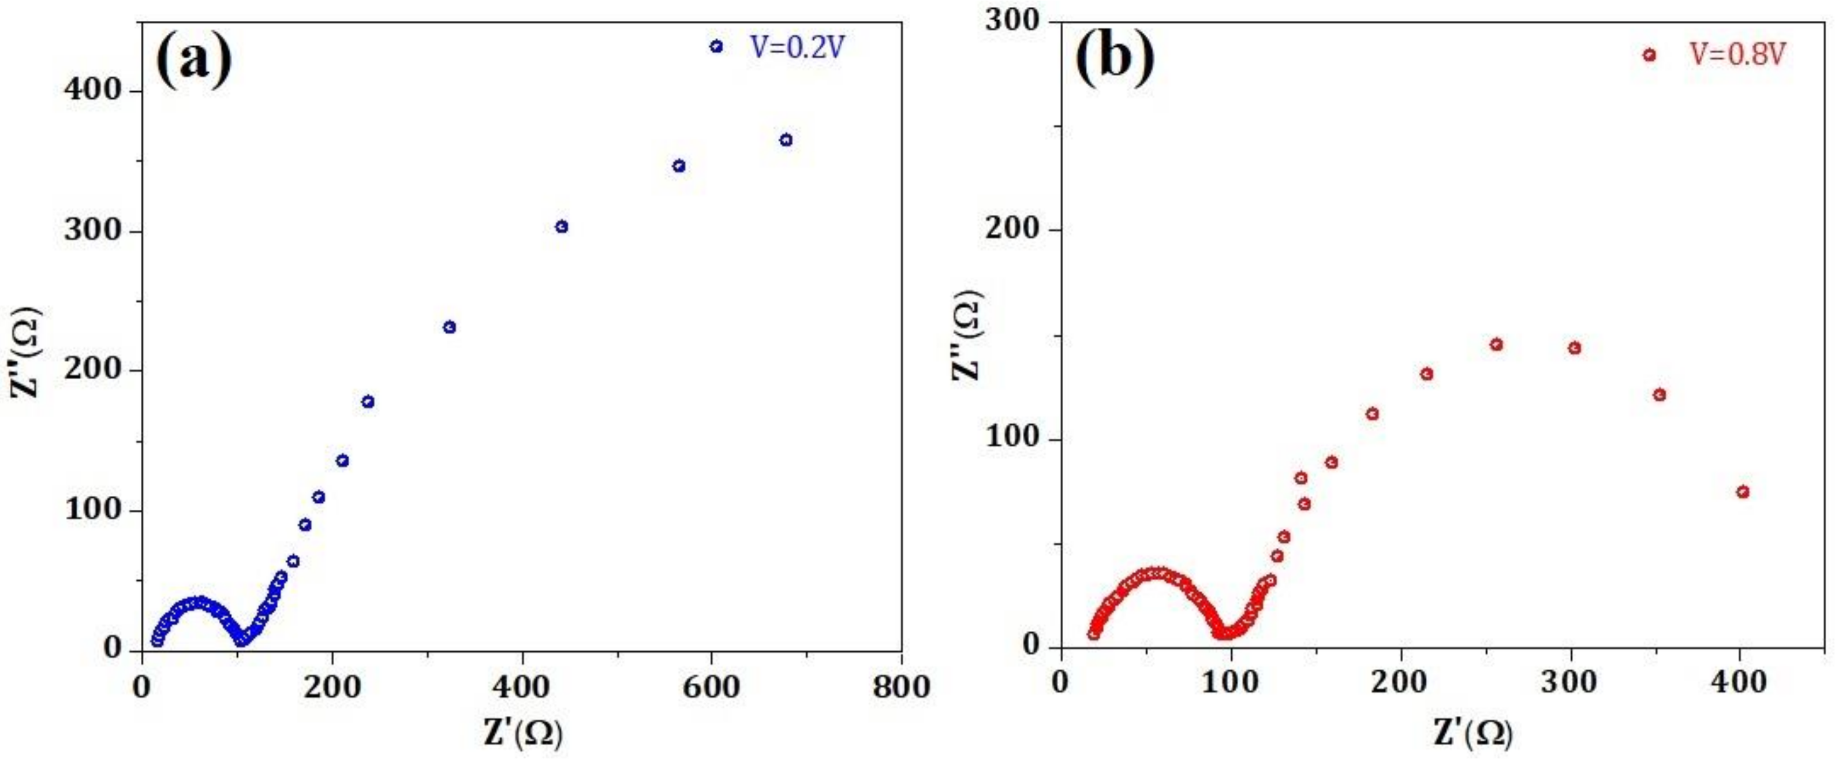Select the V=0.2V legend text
[797, 47]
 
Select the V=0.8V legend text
[1736, 55]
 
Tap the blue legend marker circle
[716, 46]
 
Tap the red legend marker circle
[1649, 55]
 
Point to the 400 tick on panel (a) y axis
[95, 91]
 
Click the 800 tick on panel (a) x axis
[901, 687]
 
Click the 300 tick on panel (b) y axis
[1012, 21]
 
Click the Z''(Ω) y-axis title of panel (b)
[968, 335]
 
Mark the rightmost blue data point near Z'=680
[786, 140]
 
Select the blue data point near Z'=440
[561, 226]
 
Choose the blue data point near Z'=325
[449, 327]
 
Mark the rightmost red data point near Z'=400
[1743, 491]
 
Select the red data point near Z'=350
[1660, 395]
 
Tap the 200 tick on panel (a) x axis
[332, 687]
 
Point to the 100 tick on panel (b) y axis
[1012, 439]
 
